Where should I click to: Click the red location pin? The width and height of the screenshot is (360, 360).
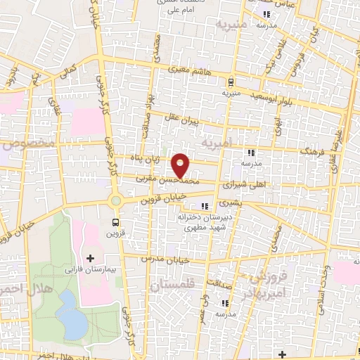(x=181, y=165)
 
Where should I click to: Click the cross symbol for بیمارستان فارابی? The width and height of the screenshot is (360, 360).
(x=90, y=259)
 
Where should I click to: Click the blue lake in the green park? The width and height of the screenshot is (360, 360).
(x=70, y=314)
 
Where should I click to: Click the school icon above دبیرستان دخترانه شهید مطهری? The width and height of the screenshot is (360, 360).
(x=205, y=206)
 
